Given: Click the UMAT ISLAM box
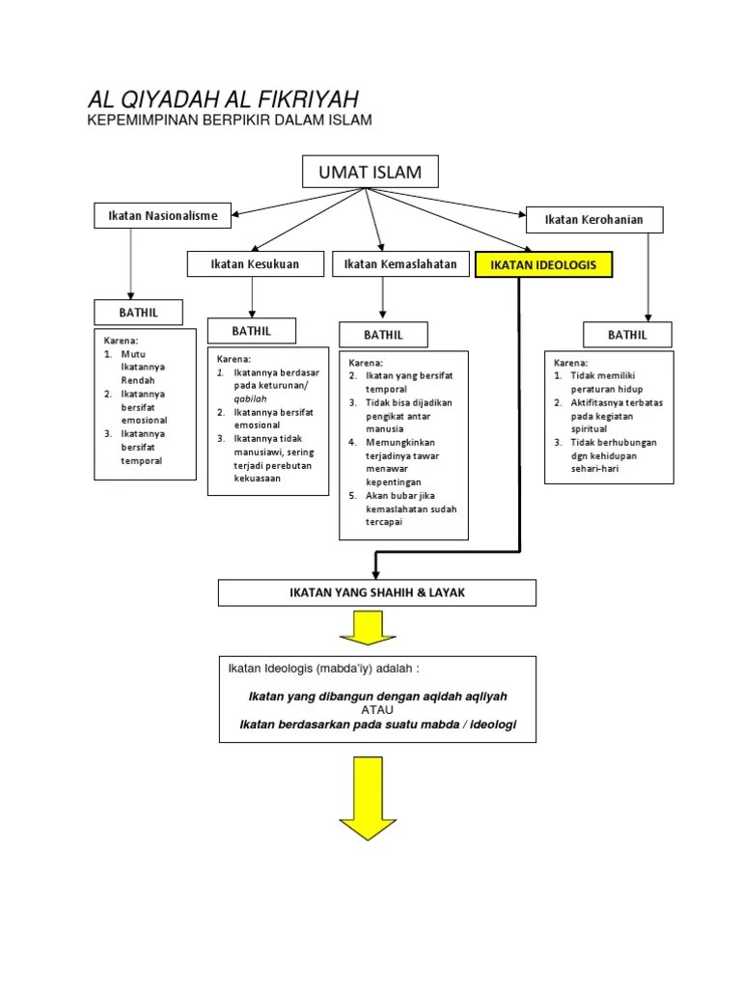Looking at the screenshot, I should (370, 173).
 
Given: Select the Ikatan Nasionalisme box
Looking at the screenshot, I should (162, 215).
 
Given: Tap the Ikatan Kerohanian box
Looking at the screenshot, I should (593, 220).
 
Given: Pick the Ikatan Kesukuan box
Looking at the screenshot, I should (255, 263).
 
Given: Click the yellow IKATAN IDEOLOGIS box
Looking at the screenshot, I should (543, 264).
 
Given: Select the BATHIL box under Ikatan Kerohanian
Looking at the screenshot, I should (627, 335).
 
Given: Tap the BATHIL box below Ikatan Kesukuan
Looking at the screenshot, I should (251, 331).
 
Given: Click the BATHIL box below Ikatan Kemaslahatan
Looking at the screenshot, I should (383, 335).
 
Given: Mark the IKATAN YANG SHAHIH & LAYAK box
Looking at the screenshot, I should (376, 592).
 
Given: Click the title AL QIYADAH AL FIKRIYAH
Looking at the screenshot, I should (223, 99).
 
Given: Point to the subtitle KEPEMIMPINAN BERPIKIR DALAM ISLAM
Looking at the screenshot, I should (230, 120).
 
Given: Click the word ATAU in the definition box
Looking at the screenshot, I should (378, 710).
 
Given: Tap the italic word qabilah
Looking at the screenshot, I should (249, 398).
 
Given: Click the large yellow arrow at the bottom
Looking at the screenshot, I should (367, 802).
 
